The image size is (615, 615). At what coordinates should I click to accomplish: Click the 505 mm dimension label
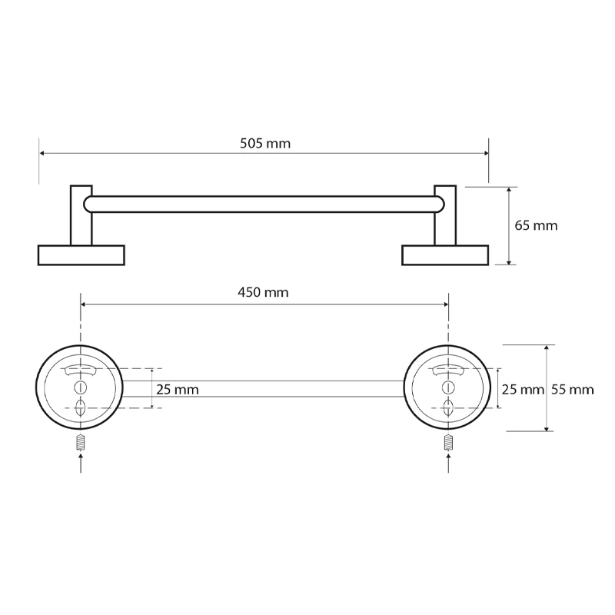tap(265, 144)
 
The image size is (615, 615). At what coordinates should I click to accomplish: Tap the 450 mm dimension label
tap(263, 293)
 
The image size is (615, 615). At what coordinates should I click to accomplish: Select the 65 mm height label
tap(536, 225)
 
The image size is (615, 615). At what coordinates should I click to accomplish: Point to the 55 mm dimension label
tap(572, 390)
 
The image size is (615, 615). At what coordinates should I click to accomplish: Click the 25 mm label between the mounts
tap(178, 390)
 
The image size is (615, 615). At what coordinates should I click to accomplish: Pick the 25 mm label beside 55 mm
tap(523, 390)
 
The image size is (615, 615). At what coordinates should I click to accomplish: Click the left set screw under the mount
tap(81, 444)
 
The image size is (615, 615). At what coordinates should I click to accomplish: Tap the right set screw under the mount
tap(448, 444)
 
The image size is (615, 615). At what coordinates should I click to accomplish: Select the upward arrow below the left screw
tap(81, 463)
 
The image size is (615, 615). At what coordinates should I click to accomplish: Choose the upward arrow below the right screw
tap(448, 463)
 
